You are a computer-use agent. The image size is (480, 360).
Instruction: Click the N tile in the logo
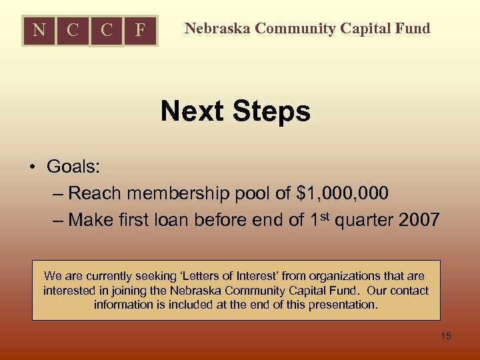(39, 30)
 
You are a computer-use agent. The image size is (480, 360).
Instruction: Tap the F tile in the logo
(140, 30)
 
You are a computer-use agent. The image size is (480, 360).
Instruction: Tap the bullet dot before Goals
(31, 167)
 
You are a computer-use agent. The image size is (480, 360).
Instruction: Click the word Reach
(94, 193)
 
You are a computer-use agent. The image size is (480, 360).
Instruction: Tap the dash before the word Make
(57, 220)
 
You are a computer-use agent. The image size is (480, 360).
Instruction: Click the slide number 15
(446, 336)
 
